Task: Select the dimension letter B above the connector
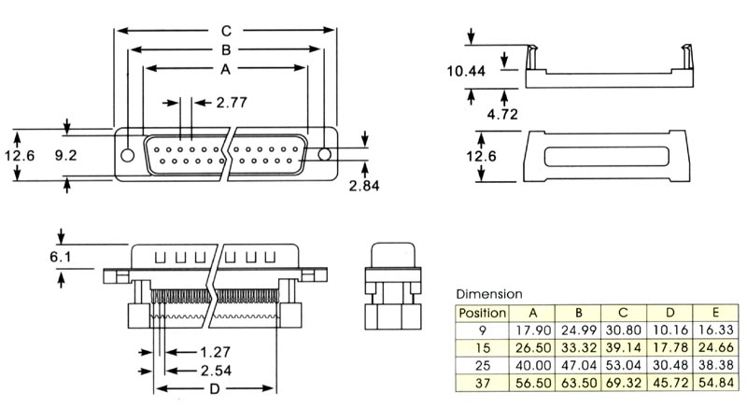pos(225,49)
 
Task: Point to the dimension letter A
pos(225,69)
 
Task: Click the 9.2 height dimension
pos(65,156)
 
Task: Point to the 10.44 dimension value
pos(466,71)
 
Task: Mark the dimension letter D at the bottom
pos(216,389)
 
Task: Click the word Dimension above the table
pos(488,294)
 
